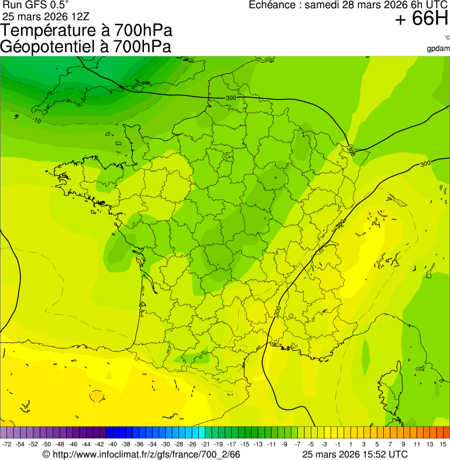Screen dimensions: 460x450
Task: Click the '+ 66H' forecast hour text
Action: coord(421,19)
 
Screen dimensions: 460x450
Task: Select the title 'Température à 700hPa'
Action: coord(87,31)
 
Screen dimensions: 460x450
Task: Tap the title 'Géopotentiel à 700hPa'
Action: coord(86,47)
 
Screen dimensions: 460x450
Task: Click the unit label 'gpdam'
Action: coord(438,48)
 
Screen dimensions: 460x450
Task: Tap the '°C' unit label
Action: coord(446,38)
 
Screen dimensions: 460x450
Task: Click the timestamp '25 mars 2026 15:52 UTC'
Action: coord(355,454)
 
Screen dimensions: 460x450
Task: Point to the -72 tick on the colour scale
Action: coord(8,445)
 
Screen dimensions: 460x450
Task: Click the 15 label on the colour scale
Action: coord(443,445)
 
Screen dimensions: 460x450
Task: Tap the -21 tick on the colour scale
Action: coord(206,445)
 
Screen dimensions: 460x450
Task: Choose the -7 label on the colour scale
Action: coord(297,445)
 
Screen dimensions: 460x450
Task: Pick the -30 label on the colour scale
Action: coord(166,445)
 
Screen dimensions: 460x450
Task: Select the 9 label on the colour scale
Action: coord(403,445)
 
